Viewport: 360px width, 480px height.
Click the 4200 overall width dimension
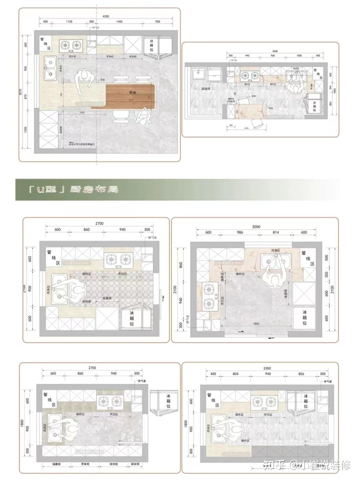105,16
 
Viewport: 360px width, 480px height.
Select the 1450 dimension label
119,22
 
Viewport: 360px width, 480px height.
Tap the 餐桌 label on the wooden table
133,93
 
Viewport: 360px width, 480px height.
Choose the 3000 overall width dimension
256,226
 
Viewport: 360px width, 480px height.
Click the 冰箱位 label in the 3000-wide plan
303,317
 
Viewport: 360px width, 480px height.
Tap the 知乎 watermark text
273,466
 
